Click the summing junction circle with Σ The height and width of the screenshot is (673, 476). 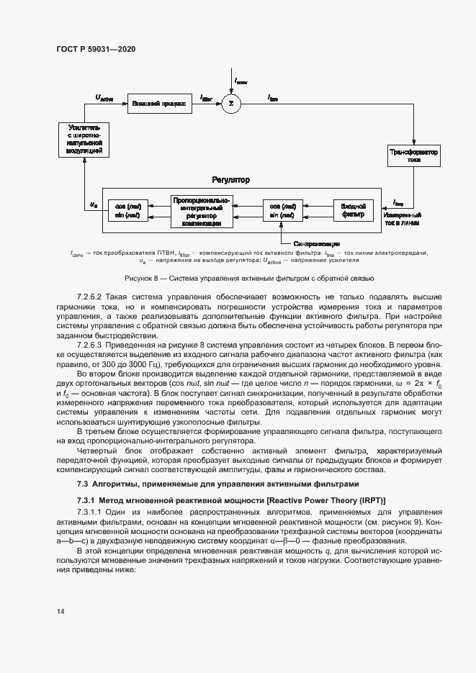[230, 104]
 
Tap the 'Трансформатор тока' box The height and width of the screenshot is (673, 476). [414, 156]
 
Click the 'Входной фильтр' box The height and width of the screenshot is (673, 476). [353, 210]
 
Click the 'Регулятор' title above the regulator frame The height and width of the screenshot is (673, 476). [230, 179]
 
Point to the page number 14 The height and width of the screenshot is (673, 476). [60, 612]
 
